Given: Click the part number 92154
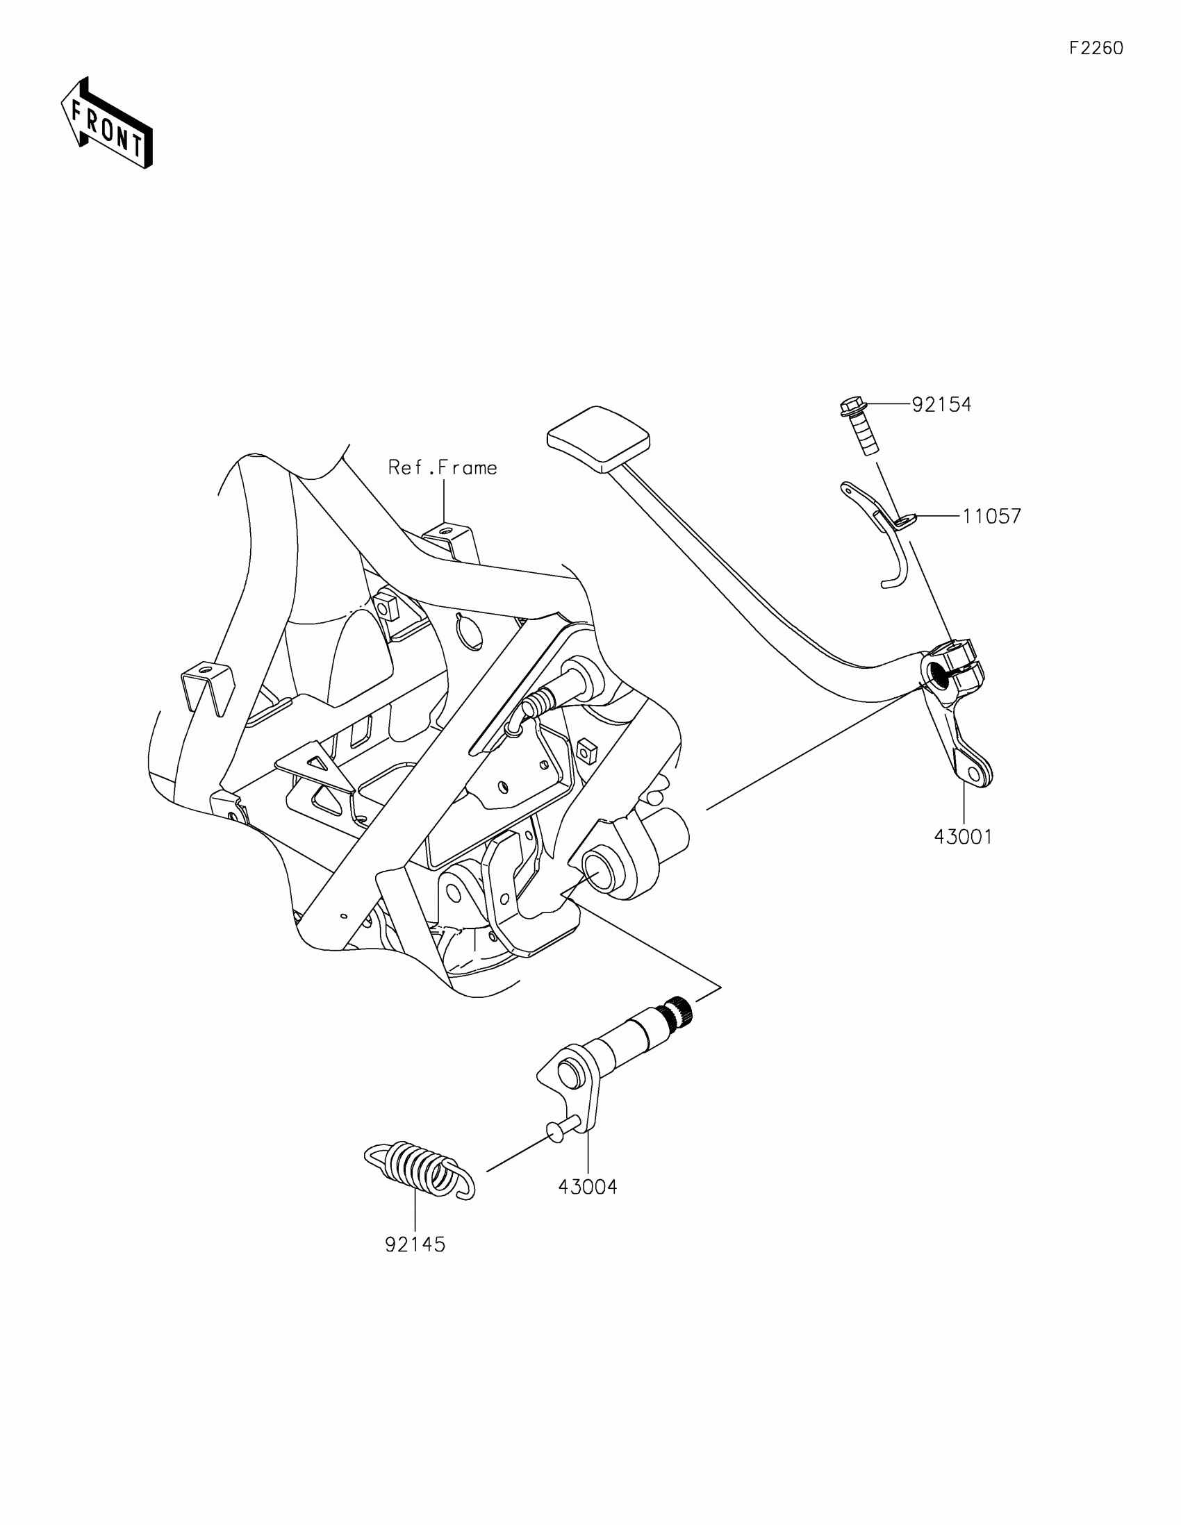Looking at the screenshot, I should (x=941, y=405).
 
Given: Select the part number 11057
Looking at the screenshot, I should (x=991, y=517).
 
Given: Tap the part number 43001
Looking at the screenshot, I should (x=963, y=837).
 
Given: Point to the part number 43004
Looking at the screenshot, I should (x=587, y=1186).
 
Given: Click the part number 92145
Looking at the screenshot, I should (x=415, y=1244).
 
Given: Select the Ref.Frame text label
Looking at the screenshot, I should (x=443, y=468).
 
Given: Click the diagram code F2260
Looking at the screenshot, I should (x=1096, y=48).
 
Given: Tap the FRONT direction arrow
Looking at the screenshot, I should (x=107, y=124).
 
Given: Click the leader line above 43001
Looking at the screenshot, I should (x=963, y=802).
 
